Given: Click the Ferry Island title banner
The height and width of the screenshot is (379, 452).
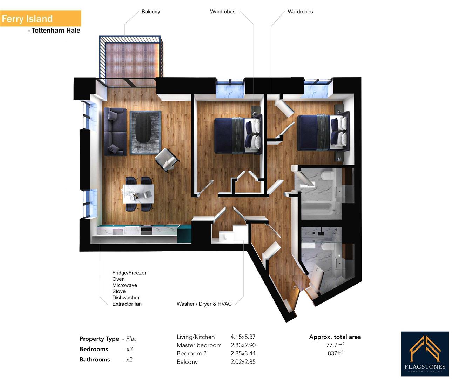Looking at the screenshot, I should (40, 19).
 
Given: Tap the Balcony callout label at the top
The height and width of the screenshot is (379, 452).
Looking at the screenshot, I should (150, 12).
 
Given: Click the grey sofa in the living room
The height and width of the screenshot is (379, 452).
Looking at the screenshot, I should (115, 132).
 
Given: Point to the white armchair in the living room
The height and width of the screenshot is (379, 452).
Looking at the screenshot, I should (167, 160).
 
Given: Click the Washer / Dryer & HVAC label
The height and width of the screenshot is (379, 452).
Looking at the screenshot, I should (204, 304).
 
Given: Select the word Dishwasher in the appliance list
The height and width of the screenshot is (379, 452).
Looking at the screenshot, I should (126, 298).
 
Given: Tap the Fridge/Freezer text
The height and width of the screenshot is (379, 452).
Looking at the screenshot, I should (129, 273).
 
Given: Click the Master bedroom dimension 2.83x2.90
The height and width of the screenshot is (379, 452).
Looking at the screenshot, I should (243, 345).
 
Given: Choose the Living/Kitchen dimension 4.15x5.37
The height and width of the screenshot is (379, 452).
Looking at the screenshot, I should (243, 337).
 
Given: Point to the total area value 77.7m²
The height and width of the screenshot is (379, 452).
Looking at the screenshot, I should (335, 345).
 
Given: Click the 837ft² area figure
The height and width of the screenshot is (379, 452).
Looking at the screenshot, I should (335, 353).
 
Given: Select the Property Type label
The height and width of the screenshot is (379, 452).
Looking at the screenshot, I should (99, 339).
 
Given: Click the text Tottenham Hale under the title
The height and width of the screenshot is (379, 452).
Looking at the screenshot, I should (55, 31).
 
